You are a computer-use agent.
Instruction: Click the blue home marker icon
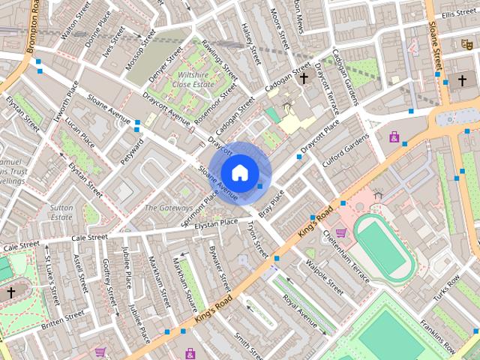(239, 172)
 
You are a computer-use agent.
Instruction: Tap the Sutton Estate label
(61, 211)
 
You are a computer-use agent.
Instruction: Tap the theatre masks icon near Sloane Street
(466, 43)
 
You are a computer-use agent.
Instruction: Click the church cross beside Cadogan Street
(304, 77)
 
